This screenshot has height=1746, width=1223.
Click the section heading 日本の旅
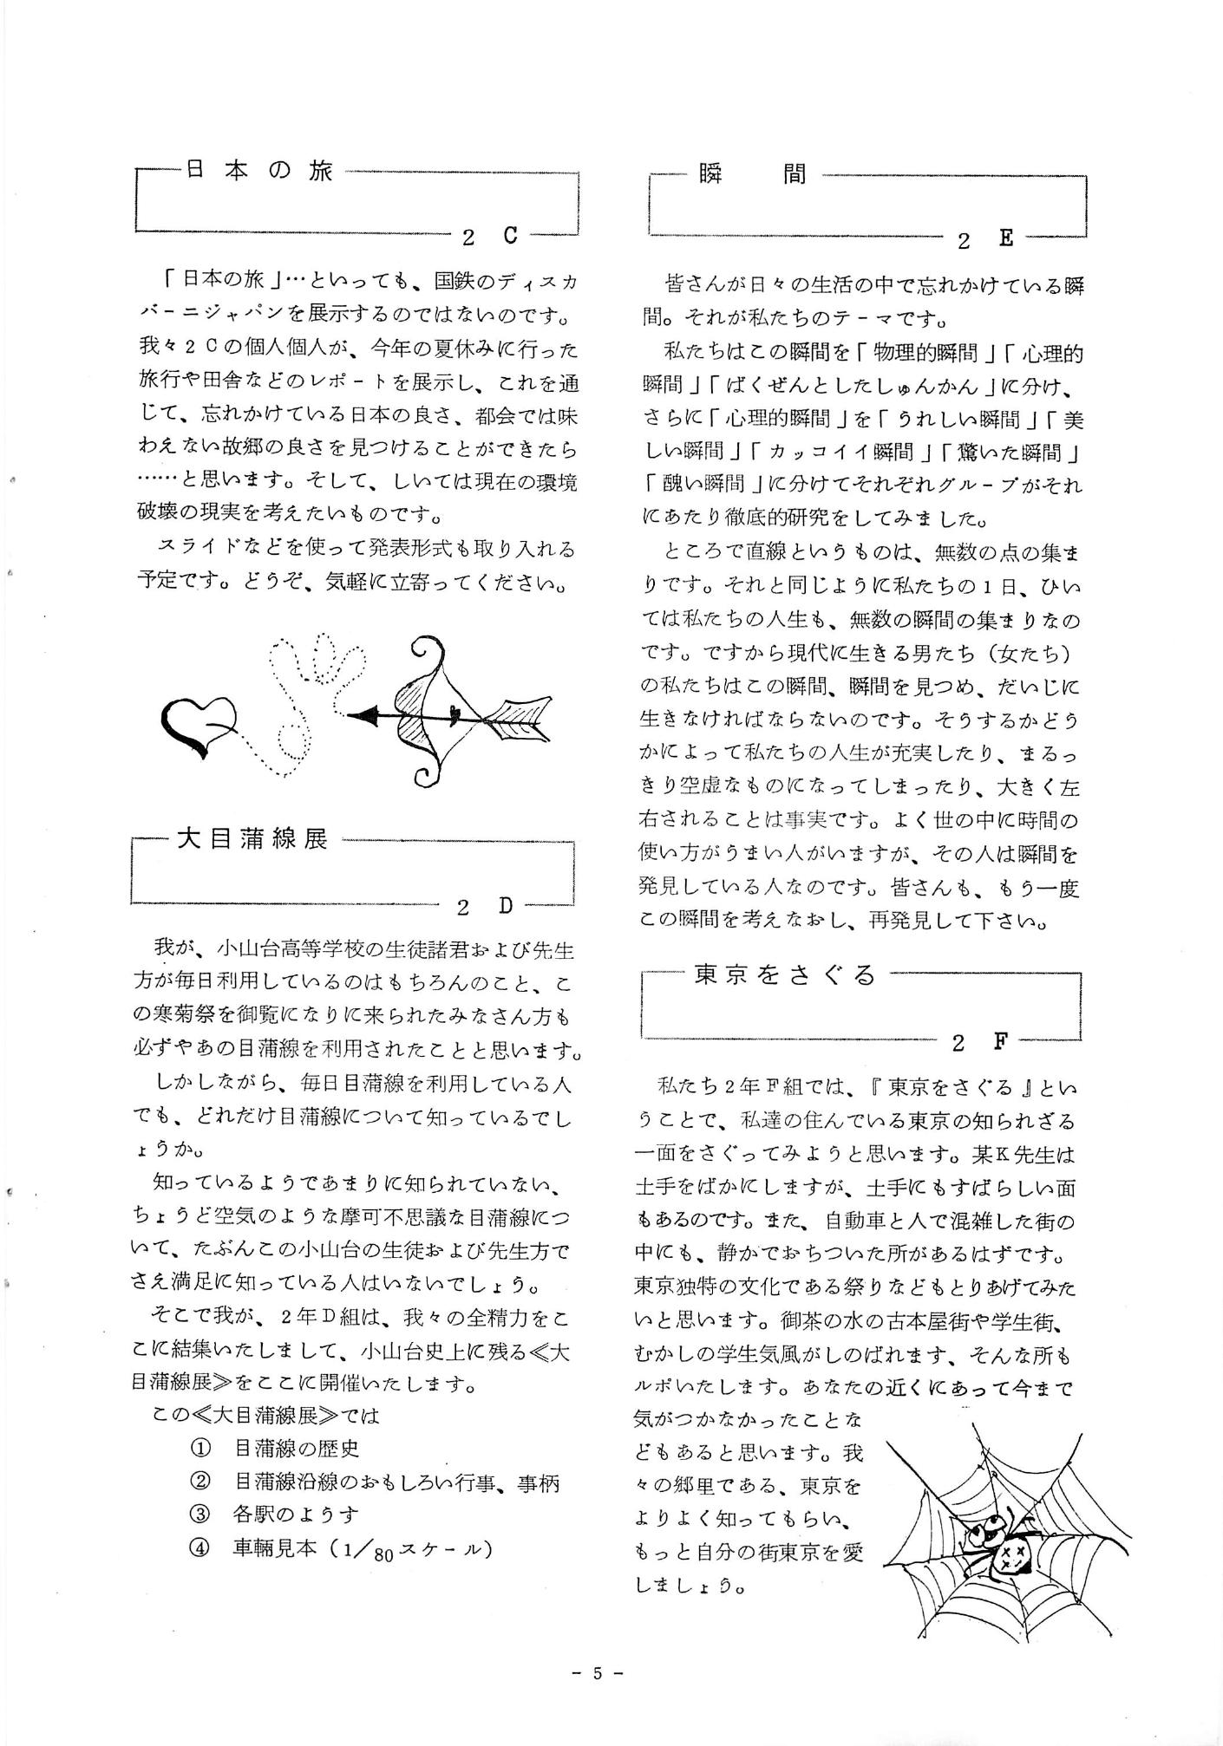click(x=258, y=171)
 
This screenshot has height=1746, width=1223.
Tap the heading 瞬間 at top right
click(x=752, y=174)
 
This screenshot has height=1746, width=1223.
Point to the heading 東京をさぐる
click(x=786, y=974)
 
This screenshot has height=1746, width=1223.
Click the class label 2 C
click(x=490, y=235)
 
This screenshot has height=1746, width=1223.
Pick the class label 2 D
click(x=485, y=906)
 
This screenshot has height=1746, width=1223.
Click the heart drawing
click(x=199, y=720)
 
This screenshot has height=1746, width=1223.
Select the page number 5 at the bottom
click(x=598, y=1697)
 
